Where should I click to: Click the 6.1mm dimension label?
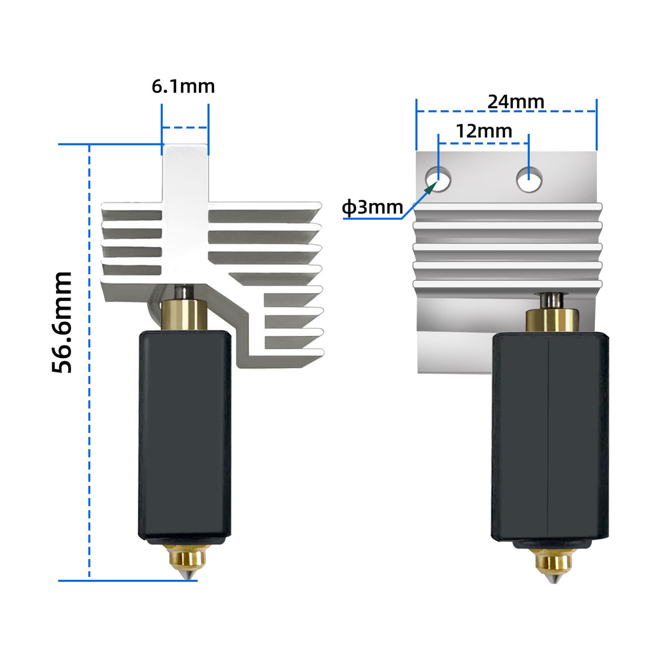(183, 86)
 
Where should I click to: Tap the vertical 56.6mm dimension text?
(63, 322)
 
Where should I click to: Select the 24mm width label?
(516, 101)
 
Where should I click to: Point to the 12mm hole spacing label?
(483, 131)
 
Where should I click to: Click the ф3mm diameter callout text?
(372, 208)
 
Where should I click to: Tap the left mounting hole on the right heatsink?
(439, 179)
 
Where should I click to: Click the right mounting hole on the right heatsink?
(529, 179)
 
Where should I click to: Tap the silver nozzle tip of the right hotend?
(553, 579)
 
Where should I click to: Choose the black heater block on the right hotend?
(550, 437)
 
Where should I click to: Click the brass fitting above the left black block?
(184, 314)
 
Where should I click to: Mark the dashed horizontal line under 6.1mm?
(184, 127)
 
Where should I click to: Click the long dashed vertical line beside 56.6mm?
(89, 362)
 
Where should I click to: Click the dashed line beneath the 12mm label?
(483, 143)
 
